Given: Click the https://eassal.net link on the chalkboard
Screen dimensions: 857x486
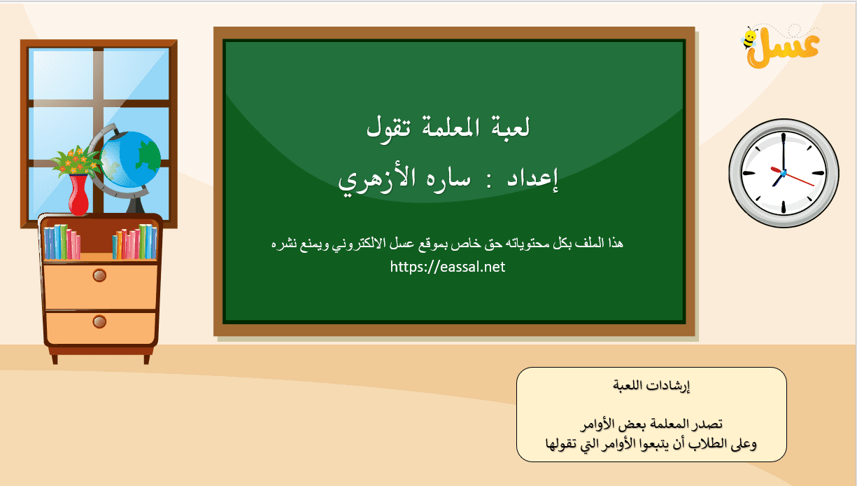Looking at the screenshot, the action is (448, 267).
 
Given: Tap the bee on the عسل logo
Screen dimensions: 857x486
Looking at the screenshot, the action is (749, 39).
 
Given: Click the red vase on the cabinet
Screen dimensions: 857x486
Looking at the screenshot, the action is (78, 194).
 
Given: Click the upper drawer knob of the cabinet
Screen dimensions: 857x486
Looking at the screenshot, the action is (99, 275).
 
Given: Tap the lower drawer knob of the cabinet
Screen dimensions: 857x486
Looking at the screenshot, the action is (99, 321).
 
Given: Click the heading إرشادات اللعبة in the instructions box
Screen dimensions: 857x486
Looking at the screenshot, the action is (651, 386).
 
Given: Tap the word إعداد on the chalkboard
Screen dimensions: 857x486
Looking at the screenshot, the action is (532, 179).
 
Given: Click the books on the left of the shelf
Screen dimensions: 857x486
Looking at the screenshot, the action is (62, 242).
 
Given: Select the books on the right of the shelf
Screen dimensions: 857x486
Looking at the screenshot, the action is (134, 242).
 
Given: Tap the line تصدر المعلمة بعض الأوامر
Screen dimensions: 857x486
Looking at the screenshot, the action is (651, 424).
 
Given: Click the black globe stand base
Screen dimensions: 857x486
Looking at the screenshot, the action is (135, 205).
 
